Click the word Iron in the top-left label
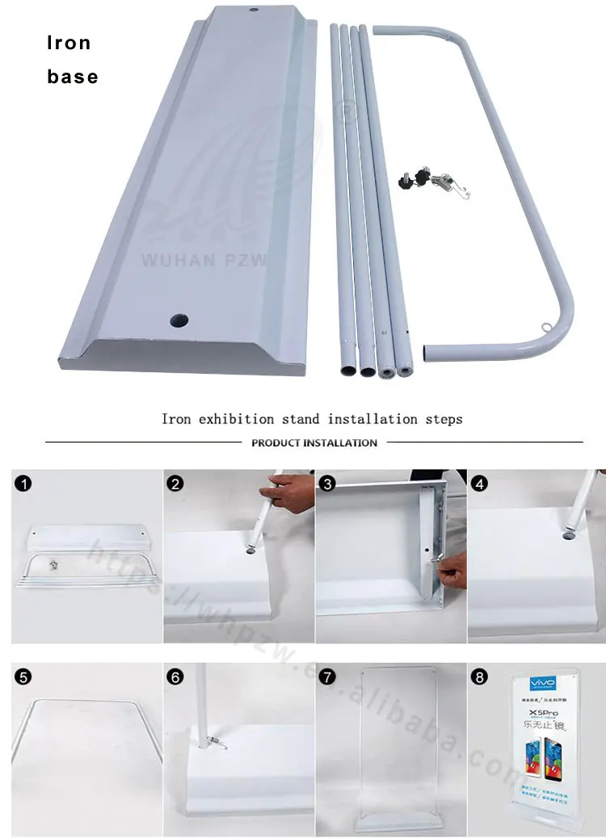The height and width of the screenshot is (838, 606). (69, 43)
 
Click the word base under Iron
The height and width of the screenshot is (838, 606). (72, 77)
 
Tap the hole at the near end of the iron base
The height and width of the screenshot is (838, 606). (176, 320)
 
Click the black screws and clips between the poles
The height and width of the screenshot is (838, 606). (428, 182)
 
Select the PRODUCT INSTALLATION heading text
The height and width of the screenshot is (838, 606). (314, 442)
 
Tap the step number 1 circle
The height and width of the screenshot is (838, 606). (24, 484)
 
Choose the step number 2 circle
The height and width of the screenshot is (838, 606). (175, 484)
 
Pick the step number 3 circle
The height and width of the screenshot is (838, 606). (327, 484)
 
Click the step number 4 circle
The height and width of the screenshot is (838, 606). (480, 484)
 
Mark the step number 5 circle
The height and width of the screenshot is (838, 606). (24, 677)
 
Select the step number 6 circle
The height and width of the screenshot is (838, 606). (175, 677)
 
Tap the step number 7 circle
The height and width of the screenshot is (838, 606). (327, 677)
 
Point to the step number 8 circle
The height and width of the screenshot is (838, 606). (480, 677)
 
